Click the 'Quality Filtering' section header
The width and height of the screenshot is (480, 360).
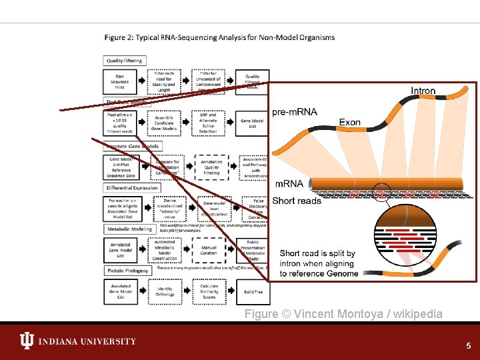(125, 61)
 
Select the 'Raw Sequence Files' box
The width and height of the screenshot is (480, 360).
(120, 81)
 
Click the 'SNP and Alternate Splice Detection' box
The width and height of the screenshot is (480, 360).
(208, 122)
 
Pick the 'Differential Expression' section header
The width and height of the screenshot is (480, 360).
(133, 187)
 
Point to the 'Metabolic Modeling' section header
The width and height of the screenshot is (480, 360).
(130, 229)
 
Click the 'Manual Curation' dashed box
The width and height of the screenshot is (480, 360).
(209, 251)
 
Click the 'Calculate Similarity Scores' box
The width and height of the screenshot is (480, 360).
(209, 291)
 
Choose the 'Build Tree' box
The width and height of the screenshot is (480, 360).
(253, 291)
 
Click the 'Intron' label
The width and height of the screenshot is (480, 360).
(423, 91)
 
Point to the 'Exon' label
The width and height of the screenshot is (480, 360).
(350, 122)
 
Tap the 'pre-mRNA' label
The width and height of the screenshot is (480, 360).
(295, 111)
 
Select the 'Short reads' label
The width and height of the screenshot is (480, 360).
(296, 201)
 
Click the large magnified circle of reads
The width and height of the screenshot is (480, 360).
(381, 229)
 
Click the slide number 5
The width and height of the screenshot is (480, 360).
(468, 346)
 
